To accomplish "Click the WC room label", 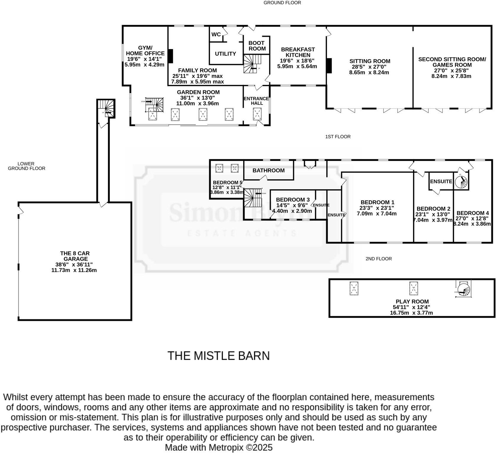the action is pyautogui.click(x=216, y=34).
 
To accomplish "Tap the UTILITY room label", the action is pyautogui.click(x=225, y=54).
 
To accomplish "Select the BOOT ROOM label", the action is pyautogui.click(x=257, y=46).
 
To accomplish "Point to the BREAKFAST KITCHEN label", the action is pyautogui.click(x=298, y=52).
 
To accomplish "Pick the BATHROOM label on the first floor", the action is pyautogui.click(x=268, y=170).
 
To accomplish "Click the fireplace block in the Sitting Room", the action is pyautogui.click(x=329, y=66).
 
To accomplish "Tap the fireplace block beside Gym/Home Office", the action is pyautogui.click(x=170, y=56).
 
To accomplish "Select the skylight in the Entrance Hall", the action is pyautogui.click(x=257, y=114).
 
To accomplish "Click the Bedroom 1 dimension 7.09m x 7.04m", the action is pyautogui.click(x=377, y=213).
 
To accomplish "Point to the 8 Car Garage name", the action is pyautogui.click(x=75, y=256).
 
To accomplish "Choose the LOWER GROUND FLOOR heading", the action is pyautogui.click(x=26, y=166).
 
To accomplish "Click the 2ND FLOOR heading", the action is pyautogui.click(x=379, y=259).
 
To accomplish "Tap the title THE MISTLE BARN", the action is pyautogui.click(x=219, y=356).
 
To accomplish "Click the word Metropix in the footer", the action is pyautogui.click(x=227, y=447).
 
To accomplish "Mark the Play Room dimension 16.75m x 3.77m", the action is pyautogui.click(x=412, y=313).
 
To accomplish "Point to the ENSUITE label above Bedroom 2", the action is pyautogui.click(x=441, y=181).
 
